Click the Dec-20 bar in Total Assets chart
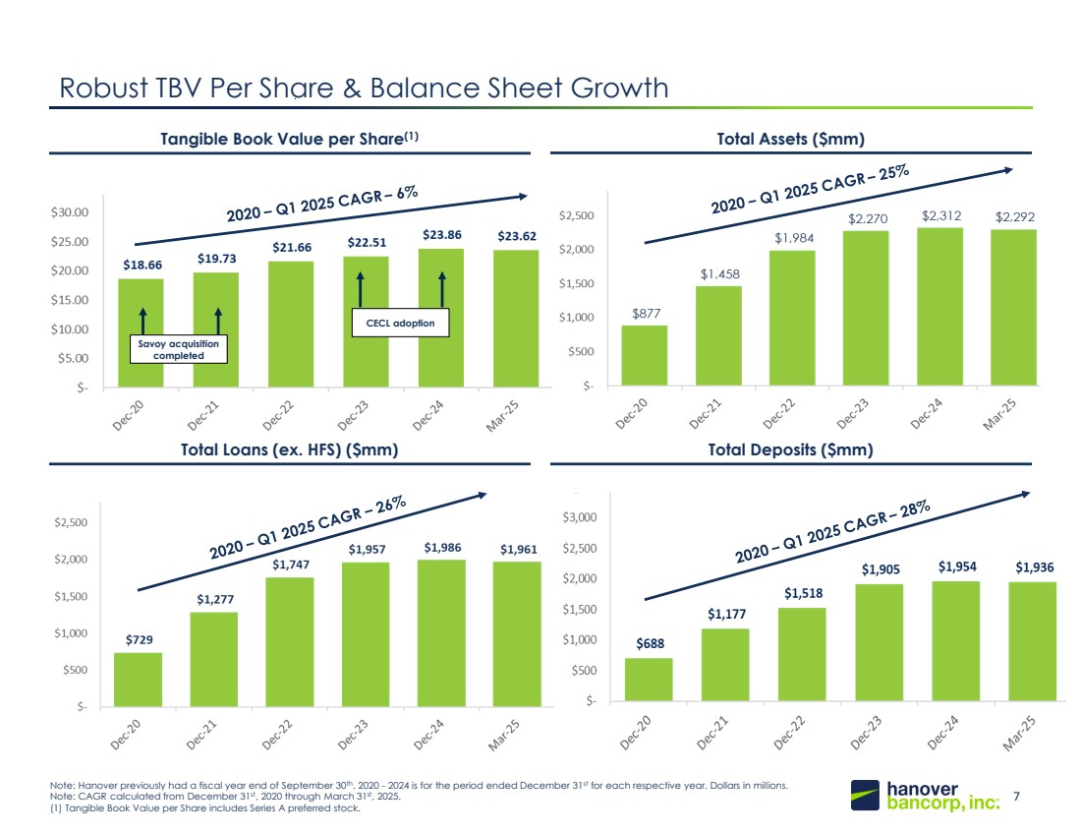[645, 355]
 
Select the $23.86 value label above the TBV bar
[441, 236]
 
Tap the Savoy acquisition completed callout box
[179, 349]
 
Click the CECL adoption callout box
[401, 322]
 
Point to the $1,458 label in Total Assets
[721, 274]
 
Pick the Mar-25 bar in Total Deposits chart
[1032, 640]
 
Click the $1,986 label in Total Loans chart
[440, 547]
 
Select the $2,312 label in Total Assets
[941, 214]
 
